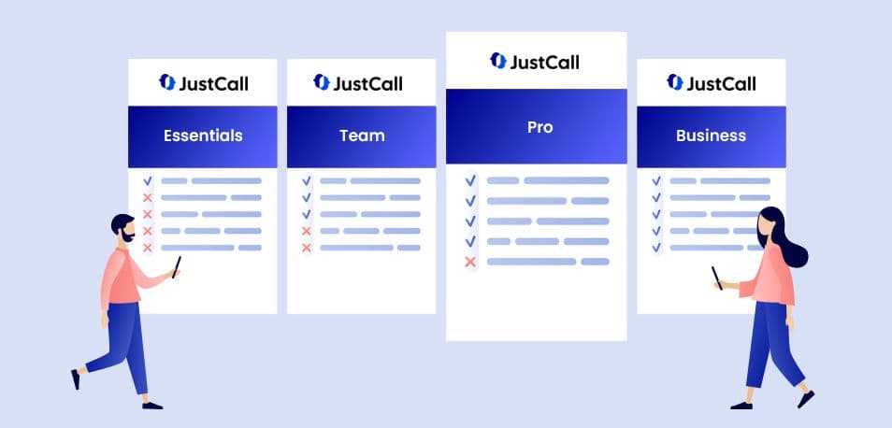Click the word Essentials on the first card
tap(203, 136)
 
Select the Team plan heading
tap(362, 136)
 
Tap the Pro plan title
tap(540, 127)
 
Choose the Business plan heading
tap(712, 136)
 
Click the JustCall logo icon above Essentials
tap(167, 82)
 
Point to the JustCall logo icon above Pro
tap(497, 60)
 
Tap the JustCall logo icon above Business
tap(675, 82)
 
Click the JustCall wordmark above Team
tap(367, 84)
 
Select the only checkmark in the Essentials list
tap(148, 180)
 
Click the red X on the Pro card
tap(470, 262)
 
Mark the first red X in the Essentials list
tap(148, 198)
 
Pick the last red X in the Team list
tap(307, 248)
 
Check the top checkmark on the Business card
tap(656, 180)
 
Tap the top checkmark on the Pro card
tap(470, 180)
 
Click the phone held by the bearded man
tap(177, 266)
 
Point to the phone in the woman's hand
tap(717, 278)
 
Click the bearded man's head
tap(122, 227)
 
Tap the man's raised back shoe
tap(76, 379)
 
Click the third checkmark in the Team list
tap(307, 214)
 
